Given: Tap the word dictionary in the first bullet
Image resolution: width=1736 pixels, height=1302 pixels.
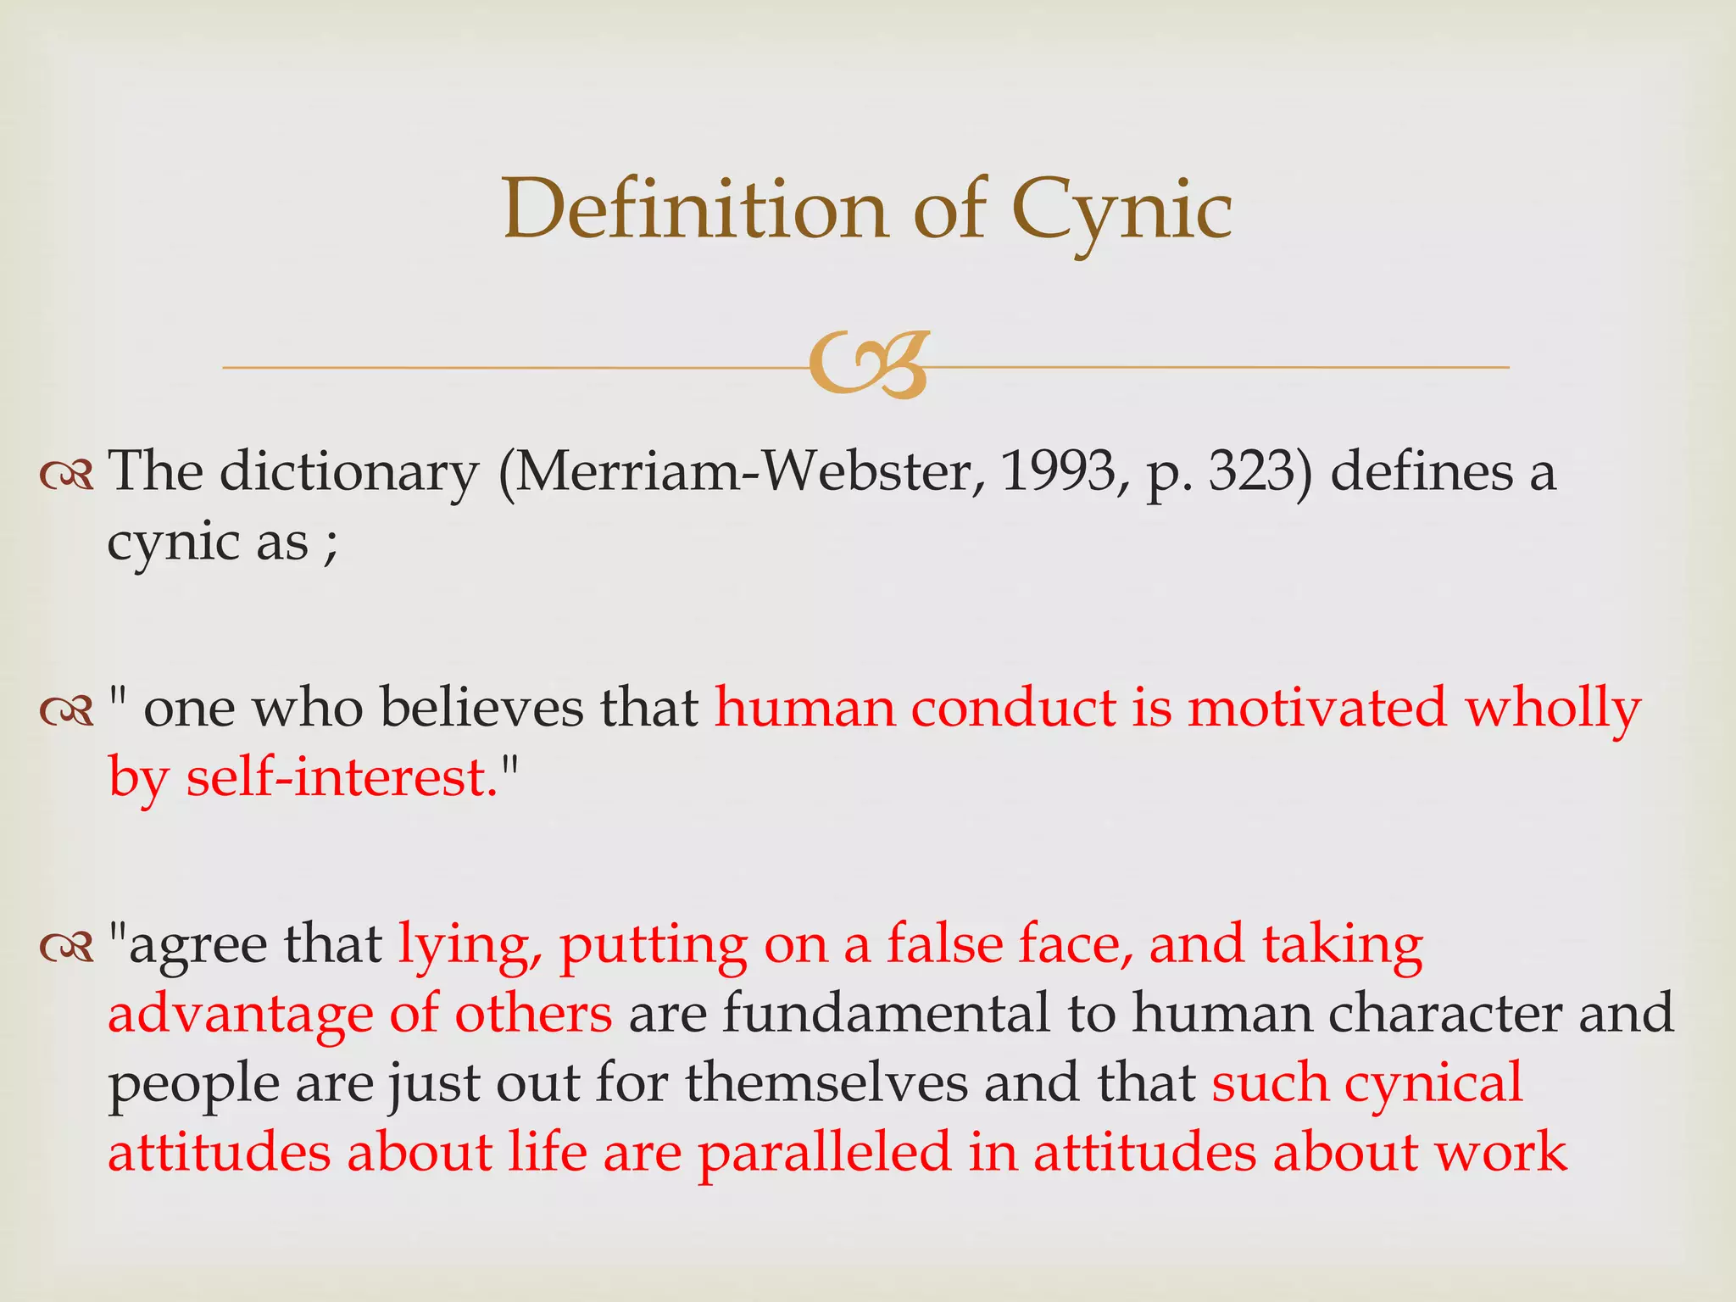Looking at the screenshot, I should point(349,472).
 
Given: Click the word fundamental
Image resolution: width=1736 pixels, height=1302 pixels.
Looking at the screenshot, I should point(886,1013).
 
